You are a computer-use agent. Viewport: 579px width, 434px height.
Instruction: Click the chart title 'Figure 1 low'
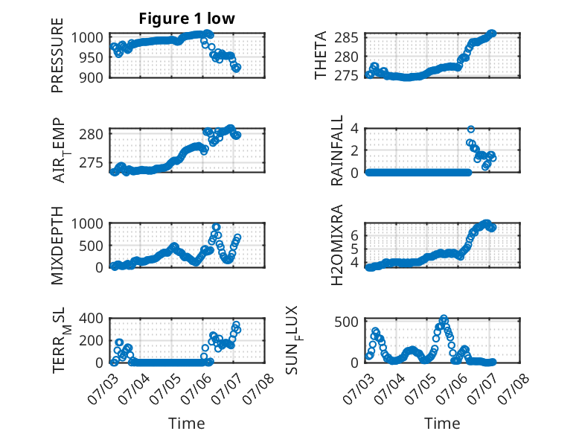[x=187, y=19]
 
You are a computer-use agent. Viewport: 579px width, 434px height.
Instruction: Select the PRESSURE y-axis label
[x=57, y=55]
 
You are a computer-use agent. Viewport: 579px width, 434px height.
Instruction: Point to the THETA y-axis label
[x=321, y=55]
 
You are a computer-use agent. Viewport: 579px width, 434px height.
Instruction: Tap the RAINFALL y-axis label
[x=337, y=150]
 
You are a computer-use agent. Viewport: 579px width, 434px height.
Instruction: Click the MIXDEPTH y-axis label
[x=57, y=245]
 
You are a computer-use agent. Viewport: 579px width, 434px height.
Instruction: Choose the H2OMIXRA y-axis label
[x=337, y=245]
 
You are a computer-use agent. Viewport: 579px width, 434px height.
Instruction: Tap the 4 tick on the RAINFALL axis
[x=354, y=129]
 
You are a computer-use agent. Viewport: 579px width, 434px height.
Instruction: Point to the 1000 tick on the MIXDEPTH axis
[x=87, y=224]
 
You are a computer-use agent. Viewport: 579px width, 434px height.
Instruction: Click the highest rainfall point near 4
[x=471, y=129]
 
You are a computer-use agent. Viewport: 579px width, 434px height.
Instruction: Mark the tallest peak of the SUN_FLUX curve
[x=444, y=318]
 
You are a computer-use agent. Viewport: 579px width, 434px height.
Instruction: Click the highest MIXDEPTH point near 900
[x=216, y=227]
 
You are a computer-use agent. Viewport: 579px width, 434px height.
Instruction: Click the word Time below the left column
[x=187, y=423]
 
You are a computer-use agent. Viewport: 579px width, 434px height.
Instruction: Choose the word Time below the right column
[x=442, y=423]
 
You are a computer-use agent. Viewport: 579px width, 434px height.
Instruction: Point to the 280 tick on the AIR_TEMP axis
[x=91, y=134]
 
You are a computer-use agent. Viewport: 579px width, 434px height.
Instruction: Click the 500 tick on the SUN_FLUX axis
[x=346, y=322]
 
